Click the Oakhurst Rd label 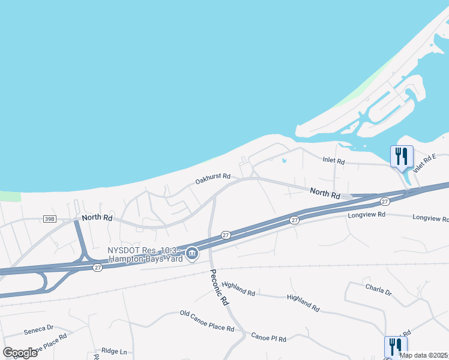(x=213, y=178)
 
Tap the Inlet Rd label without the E (x=333, y=161)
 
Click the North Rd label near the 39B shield (x=97, y=217)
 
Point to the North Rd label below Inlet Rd (x=325, y=193)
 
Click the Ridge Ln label (x=114, y=351)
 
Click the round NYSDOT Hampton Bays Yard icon (x=192, y=254)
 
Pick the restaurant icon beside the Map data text (x=395, y=346)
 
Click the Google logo (x=20, y=352)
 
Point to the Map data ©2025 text (x=424, y=355)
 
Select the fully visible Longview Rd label (x=365, y=214)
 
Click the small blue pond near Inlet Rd (x=284, y=160)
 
